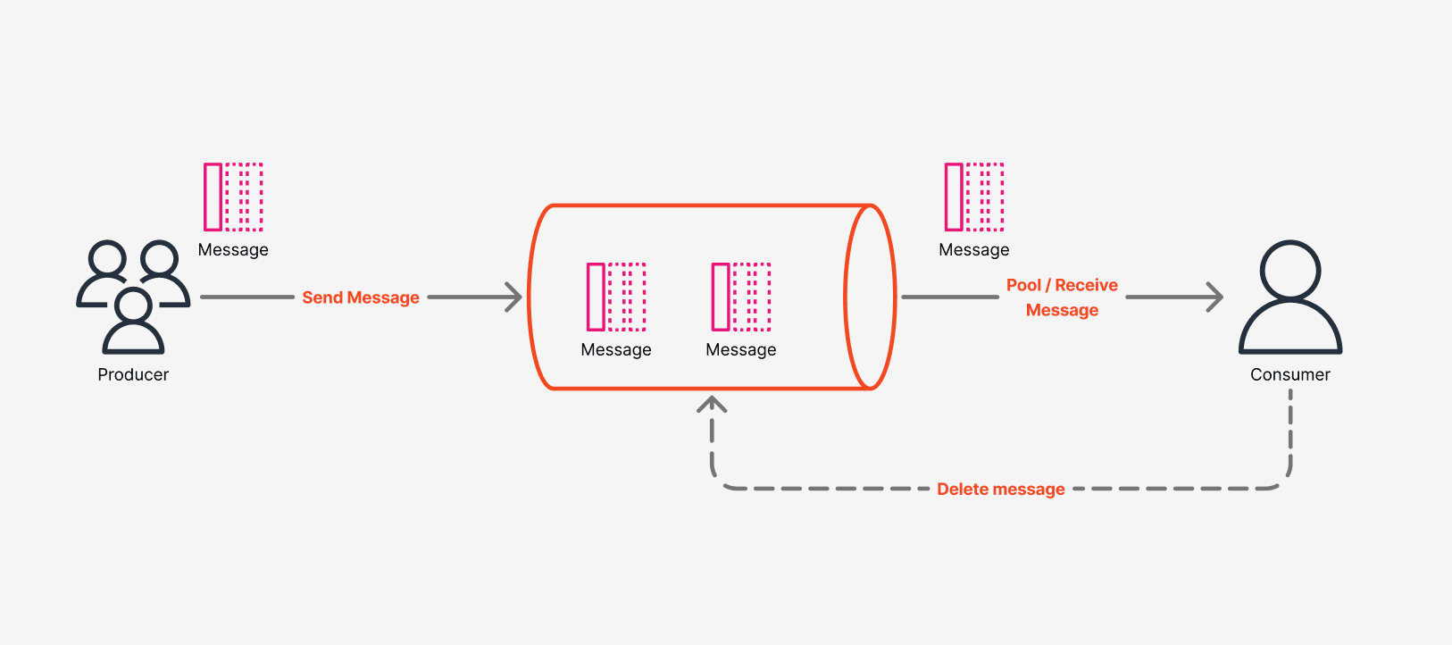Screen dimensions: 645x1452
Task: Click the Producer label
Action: tap(133, 375)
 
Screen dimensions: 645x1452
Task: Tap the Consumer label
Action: tap(1289, 375)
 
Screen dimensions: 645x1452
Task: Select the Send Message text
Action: tap(361, 297)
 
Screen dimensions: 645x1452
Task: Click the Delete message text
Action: tap(1000, 490)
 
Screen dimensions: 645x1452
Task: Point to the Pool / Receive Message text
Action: tap(1062, 297)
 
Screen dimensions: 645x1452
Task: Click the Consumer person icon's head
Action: tap(1289, 270)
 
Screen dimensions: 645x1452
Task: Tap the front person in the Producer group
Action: tap(133, 322)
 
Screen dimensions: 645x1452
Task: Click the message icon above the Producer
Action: tap(233, 197)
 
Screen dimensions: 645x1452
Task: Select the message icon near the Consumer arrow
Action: tap(974, 197)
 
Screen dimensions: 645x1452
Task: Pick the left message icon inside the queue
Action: tap(616, 297)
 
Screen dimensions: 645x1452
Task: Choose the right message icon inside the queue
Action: tap(741, 297)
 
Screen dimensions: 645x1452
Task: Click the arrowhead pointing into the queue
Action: tap(514, 297)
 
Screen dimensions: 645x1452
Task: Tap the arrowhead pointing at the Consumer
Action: tap(1215, 297)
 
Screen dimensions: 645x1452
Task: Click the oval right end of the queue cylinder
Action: tap(870, 297)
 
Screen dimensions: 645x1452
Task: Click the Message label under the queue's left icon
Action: tap(616, 350)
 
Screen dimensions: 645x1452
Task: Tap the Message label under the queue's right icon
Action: tap(741, 350)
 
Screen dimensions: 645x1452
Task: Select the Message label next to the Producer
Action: tap(233, 250)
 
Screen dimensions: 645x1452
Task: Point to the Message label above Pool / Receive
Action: tap(974, 250)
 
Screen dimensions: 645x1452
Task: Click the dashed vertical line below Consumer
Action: tap(1290, 429)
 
